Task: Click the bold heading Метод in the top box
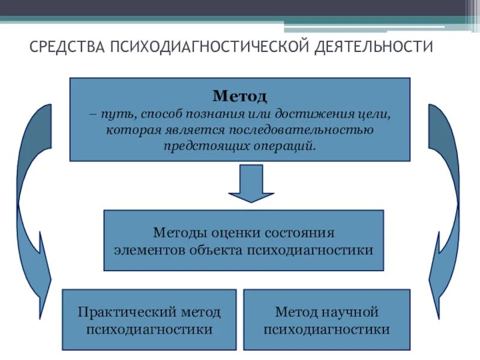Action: point(239,95)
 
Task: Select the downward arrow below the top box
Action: point(251,183)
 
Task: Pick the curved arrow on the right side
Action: point(447,198)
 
